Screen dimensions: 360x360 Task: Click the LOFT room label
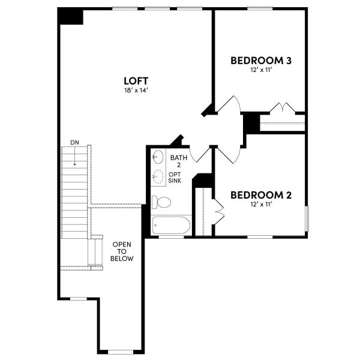[136, 80]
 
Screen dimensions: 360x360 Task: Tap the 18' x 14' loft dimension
[136, 91]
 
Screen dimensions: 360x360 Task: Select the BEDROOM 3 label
[261, 61]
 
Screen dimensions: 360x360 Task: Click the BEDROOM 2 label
[261, 195]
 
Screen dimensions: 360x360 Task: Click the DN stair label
[74, 142]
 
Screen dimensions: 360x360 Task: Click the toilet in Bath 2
[161, 201]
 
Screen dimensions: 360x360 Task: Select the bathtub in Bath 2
[172, 226]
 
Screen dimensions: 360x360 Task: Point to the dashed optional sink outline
[158, 176]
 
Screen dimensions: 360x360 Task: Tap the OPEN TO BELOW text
[121, 251]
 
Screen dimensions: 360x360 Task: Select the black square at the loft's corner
[71, 16]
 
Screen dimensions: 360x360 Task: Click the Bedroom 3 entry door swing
[229, 106]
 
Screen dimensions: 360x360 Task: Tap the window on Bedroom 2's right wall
[306, 218]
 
